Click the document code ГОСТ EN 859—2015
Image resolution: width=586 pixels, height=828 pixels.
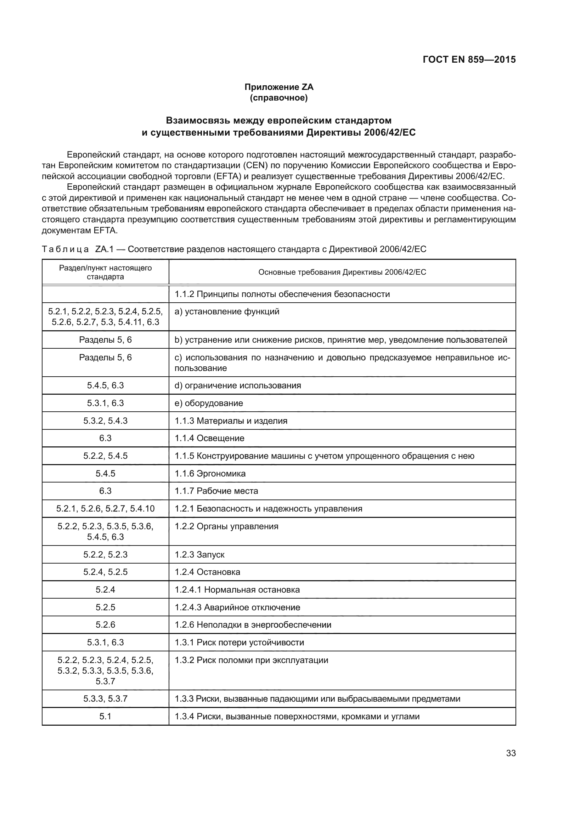pyautogui.click(x=469, y=59)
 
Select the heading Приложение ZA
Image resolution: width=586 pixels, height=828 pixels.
pyautogui.click(x=278, y=87)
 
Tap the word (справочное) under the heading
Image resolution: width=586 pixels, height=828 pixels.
pyautogui.click(x=278, y=98)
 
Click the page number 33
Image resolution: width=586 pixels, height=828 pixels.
pyautogui.click(x=511, y=753)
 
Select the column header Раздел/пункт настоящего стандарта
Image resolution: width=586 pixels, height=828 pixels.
pyautogui.click(x=105, y=272)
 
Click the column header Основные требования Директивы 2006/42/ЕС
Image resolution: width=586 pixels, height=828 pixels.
pyautogui.click(x=342, y=272)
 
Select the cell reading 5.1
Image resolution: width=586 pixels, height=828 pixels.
pyautogui.click(x=105, y=716)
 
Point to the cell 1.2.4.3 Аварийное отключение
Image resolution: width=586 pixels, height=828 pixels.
pyautogui.click(x=237, y=607)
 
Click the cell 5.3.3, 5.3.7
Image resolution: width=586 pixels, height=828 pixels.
pyautogui.click(x=105, y=698)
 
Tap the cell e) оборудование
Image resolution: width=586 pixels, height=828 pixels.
pyautogui.click(x=209, y=403)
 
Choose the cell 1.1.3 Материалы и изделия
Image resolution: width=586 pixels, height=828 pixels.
pyautogui.click(x=231, y=421)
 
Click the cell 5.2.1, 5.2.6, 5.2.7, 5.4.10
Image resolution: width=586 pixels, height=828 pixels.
pyautogui.click(x=105, y=508)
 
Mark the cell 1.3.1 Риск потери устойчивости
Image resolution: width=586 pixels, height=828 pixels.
pyautogui.click(x=239, y=642)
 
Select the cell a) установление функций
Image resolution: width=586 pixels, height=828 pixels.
pyautogui.click(x=227, y=312)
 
